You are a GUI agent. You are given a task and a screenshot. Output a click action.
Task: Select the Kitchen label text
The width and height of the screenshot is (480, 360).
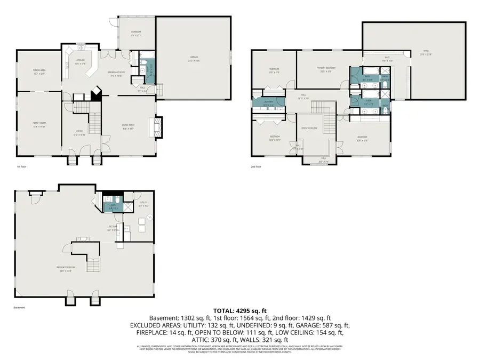coord(80,61)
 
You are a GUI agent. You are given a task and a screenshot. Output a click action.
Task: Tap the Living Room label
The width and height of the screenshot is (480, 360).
coord(129,126)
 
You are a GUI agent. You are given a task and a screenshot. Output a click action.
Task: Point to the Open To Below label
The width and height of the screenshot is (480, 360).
coord(309,129)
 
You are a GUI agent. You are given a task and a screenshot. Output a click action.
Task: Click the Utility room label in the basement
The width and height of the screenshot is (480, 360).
coord(143,204)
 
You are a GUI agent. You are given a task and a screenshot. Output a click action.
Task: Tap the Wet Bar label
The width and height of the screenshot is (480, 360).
coord(113,229)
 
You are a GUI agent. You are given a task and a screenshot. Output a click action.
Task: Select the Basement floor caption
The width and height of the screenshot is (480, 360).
coord(19,308)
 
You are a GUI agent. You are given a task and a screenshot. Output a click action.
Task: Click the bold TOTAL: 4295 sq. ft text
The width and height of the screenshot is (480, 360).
coord(239,310)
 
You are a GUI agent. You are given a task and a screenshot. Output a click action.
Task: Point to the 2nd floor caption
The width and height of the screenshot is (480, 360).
coord(256,166)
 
